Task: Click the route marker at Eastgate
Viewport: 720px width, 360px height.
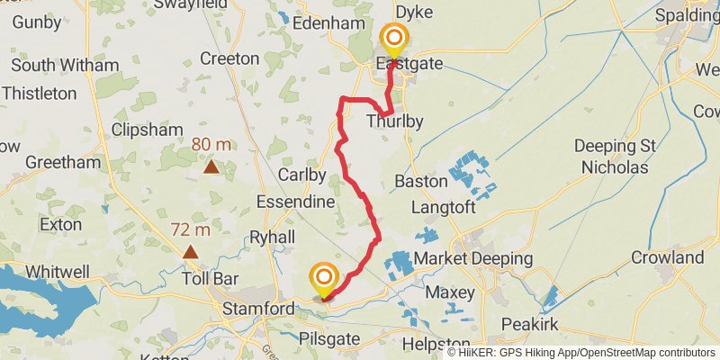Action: (393, 39)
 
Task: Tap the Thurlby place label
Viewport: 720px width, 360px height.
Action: (394, 121)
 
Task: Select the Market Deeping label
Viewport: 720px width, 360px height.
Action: (473, 259)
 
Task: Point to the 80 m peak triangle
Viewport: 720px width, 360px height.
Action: (211, 166)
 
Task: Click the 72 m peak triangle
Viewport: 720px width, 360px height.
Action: (191, 251)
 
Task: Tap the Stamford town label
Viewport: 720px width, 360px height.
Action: (259, 310)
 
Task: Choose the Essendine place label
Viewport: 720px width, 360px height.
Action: (295, 202)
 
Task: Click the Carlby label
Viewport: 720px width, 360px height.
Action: (301, 174)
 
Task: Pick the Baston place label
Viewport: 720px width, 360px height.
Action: (421, 182)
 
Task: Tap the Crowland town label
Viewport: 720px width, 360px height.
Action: (667, 258)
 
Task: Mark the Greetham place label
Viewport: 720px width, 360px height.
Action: (63, 163)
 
